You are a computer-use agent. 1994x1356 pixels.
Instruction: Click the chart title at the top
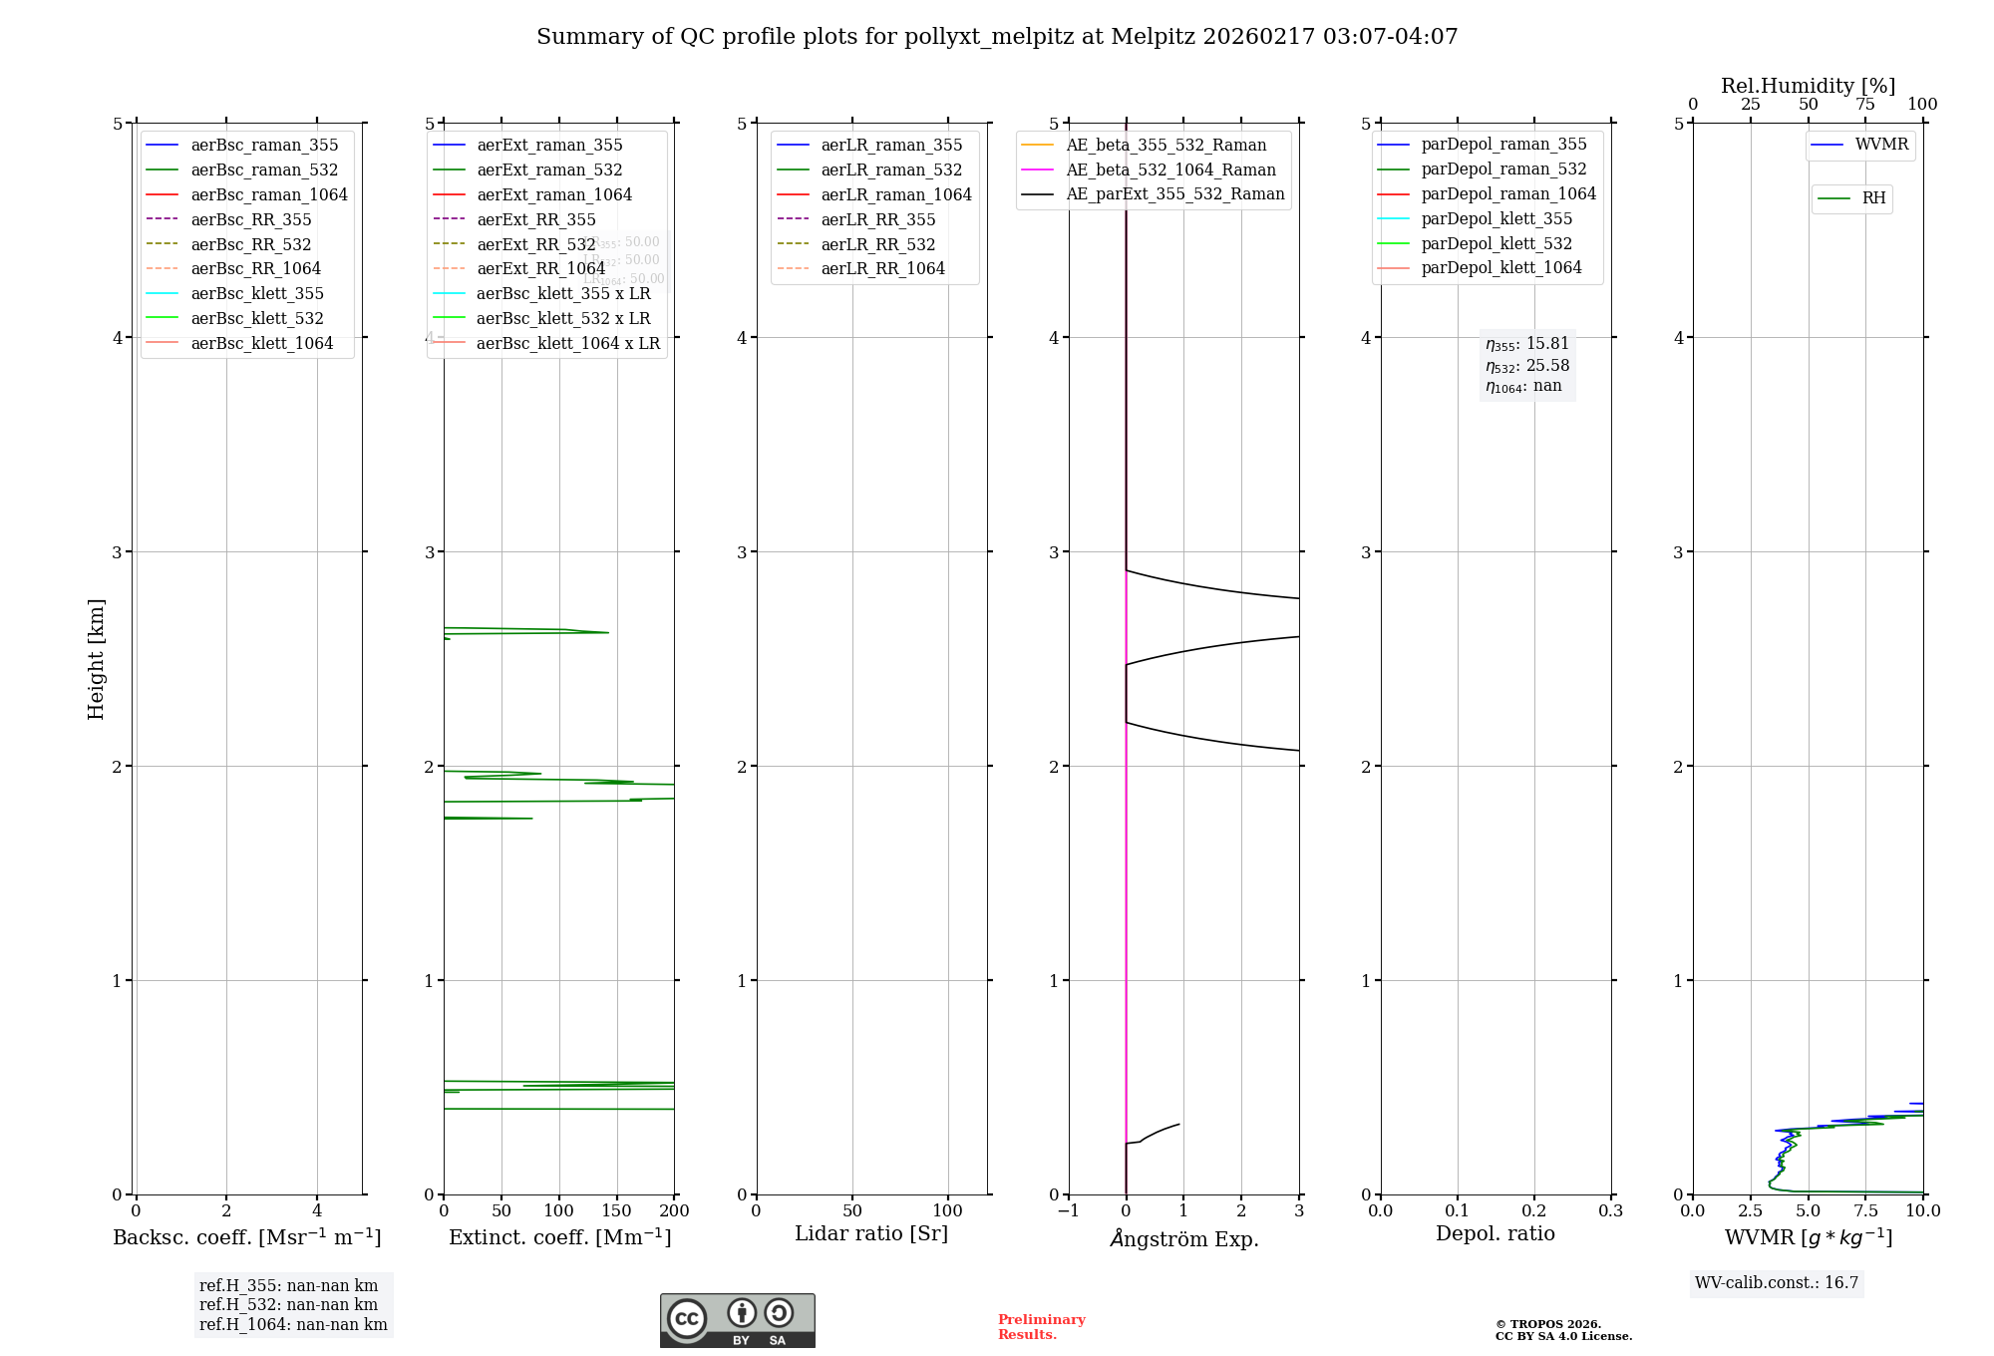click(997, 37)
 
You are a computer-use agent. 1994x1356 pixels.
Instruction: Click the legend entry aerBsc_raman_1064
click(269, 194)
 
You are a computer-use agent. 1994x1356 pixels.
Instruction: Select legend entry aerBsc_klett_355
click(257, 293)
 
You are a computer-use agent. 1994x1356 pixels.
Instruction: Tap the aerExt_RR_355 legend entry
click(535, 219)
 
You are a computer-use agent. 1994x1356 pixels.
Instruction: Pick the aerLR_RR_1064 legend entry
click(882, 268)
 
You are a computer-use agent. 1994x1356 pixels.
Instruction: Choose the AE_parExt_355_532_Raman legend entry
click(1174, 193)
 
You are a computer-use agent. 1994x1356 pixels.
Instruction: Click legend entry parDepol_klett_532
click(1495, 243)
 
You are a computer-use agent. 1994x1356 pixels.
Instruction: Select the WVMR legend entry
click(1881, 145)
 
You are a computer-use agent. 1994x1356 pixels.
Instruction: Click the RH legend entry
click(1873, 198)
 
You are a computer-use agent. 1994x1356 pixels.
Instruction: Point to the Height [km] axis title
click(96, 658)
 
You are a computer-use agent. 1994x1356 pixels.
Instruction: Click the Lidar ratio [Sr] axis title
click(871, 1233)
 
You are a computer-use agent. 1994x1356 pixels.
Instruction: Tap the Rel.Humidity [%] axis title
click(1808, 86)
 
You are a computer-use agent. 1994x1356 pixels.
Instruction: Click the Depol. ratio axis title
click(1495, 1233)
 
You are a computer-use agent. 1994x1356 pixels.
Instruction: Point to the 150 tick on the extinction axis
click(617, 1210)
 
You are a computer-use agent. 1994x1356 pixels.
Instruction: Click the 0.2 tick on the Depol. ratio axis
click(1534, 1210)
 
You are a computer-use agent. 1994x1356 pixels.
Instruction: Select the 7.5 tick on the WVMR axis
click(1866, 1210)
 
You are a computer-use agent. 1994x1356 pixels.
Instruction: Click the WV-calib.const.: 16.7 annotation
click(1777, 1282)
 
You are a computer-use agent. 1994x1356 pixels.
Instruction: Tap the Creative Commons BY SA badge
click(737, 1320)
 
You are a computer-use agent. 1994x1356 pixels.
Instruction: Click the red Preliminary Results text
click(1041, 1326)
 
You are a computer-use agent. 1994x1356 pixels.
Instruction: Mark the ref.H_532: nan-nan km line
click(288, 1304)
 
